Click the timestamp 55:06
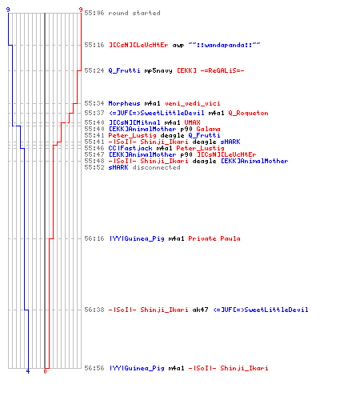(x=94, y=13)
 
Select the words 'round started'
(x=134, y=13)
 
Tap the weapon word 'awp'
(x=178, y=45)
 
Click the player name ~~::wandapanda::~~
(x=224, y=45)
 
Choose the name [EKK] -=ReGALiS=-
(x=210, y=70)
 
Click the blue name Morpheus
(x=124, y=103)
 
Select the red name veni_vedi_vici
(x=193, y=103)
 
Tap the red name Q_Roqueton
(x=248, y=113)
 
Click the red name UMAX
(x=192, y=122)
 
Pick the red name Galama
(x=208, y=129)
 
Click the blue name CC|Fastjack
(x=130, y=148)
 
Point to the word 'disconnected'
(x=156, y=167)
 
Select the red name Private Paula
(x=214, y=238)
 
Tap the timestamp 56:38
(x=94, y=310)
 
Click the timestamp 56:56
(x=94, y=368)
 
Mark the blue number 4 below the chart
(x=28, y=371)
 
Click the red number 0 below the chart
(x=45, y=371)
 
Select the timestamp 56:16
(x=94, y=238)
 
